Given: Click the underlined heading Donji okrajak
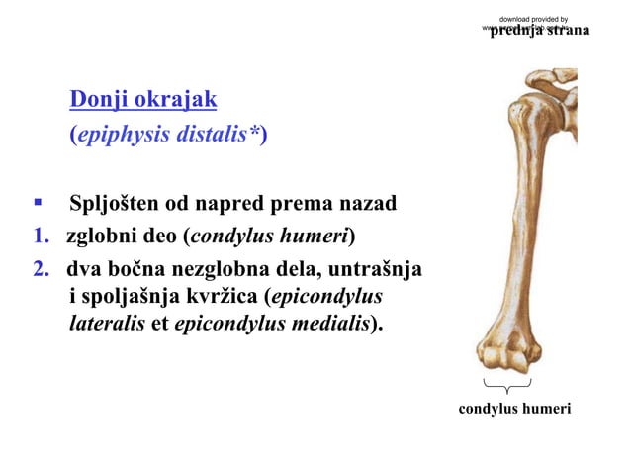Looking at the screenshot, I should (142, 100).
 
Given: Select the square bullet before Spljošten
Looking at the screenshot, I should (36, 204).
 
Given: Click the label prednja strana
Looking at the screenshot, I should (540, 31).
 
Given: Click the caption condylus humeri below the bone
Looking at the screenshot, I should (514, 407).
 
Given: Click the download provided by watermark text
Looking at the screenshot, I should (534, 19).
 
